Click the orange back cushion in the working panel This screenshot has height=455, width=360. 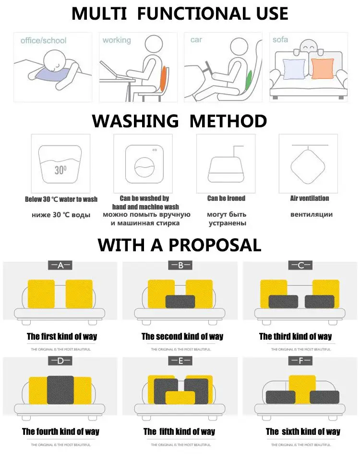tap(164, 78)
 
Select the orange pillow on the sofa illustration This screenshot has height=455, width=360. tap(322, 69)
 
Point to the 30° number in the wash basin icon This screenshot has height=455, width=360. tap(60, 170)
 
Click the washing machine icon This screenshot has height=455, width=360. tap(144, 164)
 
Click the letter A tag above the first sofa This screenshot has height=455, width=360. tap(60, 265)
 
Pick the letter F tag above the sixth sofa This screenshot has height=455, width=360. tap(300, 361)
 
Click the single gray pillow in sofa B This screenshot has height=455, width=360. tap(180, 302)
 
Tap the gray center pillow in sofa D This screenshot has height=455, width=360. tap(60, 390)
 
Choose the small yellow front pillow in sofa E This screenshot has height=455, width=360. tap(180, 397)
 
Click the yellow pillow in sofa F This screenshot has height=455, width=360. tap(302, 388)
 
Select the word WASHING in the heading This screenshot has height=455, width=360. tap(135, 121)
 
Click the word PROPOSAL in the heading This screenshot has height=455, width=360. tap(215, 245)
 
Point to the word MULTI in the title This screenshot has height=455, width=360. tap(99, 13)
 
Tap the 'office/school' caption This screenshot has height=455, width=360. tap(44, 41)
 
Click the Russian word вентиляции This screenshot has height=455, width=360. tap(312, 214)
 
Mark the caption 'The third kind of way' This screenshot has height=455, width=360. tap(295, 336)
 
